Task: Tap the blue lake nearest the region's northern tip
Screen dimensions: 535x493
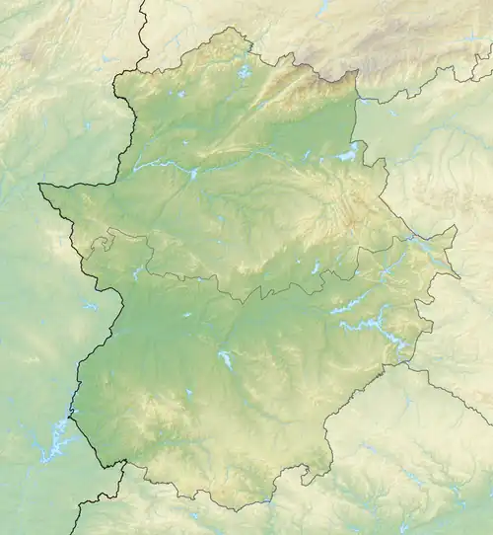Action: coord(244,71)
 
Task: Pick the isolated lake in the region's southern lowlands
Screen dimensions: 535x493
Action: coord(227,359)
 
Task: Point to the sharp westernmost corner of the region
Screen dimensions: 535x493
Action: coord(39,185)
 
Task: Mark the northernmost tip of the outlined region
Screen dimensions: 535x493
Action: coord(234,28)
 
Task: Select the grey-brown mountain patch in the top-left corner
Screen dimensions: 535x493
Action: coord(39,39)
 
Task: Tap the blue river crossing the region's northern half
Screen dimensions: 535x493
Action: coord(158,165)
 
